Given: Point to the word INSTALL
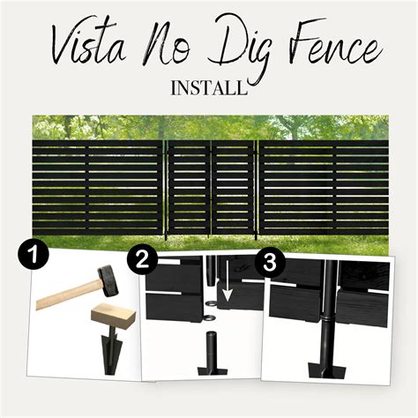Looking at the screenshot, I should (209, 89).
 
